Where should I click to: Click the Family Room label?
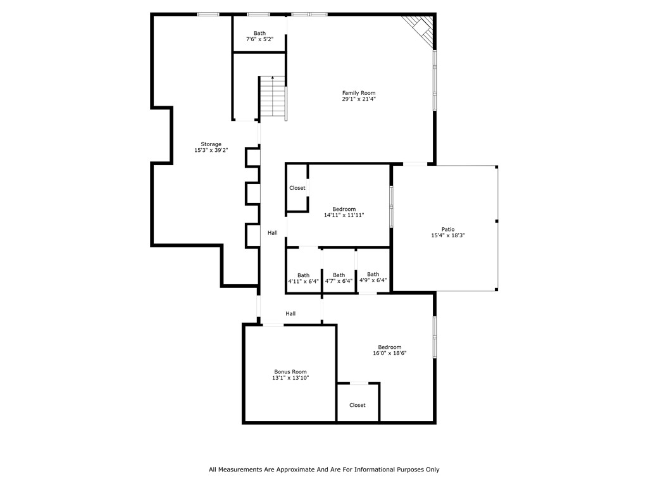(359, 93)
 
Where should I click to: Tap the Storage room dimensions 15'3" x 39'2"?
(211, 151)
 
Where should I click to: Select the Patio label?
(448, 229)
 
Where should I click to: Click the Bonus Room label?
(290, 371)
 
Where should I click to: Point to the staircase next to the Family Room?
(272, 97)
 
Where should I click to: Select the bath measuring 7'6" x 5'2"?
(259, 36)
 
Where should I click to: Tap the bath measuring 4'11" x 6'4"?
(304, 278)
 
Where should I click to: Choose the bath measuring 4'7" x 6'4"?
(339, 278)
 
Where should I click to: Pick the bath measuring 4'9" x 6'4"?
(373, 277)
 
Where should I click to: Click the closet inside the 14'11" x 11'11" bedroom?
(297, 188)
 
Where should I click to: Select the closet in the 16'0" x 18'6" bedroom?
(358, 405)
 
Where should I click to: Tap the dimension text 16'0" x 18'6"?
(390, 353)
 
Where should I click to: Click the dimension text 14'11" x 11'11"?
(344, 215)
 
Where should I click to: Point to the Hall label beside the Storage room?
(272, 233)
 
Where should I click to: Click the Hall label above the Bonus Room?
(290, 313)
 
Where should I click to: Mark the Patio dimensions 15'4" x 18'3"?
(448, 235)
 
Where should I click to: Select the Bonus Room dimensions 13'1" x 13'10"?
(290, 378)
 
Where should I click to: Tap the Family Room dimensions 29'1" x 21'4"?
(359, 99)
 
